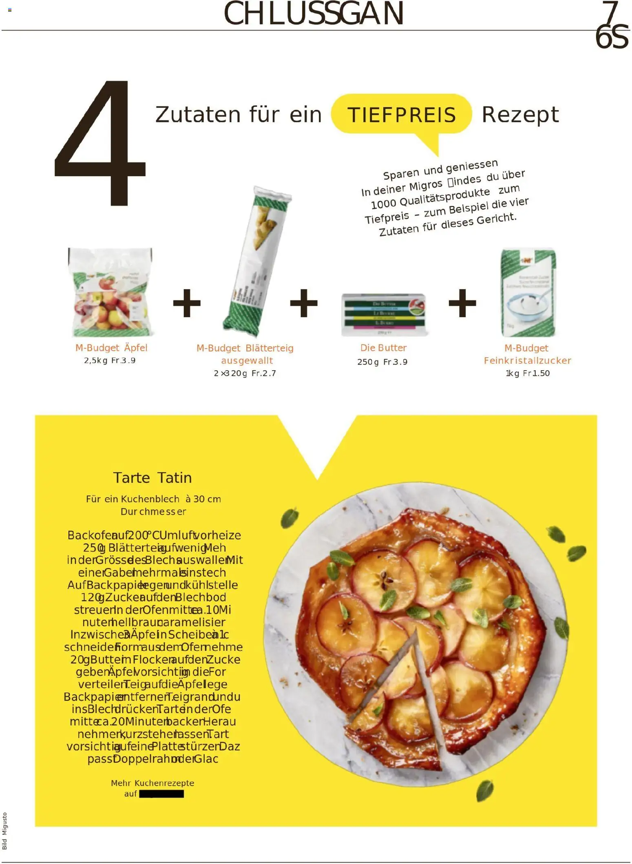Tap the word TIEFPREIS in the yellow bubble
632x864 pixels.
click(401, 115)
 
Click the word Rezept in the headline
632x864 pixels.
click(520, 115)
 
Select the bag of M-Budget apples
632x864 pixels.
click(110, 292)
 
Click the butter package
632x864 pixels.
click(383, 314)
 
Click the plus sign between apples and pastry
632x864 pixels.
click(187, 303)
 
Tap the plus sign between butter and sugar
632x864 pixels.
click(462, 303)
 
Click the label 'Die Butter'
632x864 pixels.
click(383, 348)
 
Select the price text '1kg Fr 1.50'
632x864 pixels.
click(528, 373)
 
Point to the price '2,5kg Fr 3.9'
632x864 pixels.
click(110, 360)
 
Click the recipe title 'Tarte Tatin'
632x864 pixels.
click(152, 477)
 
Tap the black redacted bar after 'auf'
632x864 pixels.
click(161, 793)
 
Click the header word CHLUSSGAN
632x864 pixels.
click(314, 14)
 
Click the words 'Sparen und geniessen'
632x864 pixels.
click(440, 169)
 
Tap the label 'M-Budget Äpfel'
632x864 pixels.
click(111, 348)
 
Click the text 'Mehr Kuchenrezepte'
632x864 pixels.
click(152, 783)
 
